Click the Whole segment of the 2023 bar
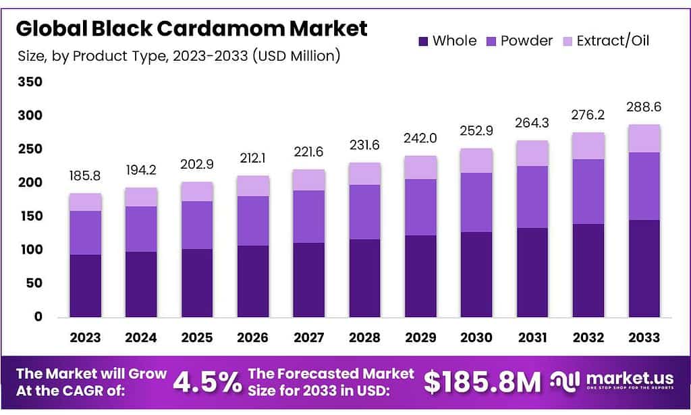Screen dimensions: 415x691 86,285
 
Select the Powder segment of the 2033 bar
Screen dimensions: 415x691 644,186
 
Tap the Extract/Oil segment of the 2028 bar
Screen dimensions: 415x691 365,173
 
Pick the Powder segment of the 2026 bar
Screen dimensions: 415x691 253,221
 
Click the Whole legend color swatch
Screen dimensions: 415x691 423,41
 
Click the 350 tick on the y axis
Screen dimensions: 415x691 29,82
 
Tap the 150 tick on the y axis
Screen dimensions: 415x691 29,216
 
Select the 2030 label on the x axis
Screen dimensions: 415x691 476,337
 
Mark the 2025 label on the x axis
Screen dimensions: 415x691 197,337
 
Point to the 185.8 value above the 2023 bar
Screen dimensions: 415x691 86,175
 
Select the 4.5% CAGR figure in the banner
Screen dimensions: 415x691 207,383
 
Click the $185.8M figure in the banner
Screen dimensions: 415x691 482,383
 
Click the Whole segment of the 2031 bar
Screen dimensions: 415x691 532,273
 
